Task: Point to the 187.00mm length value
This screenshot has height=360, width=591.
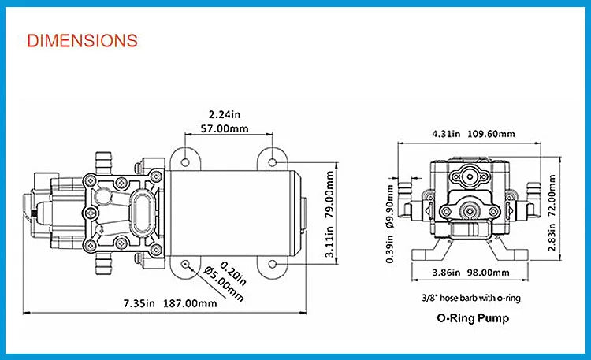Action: (x=190, y=302)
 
